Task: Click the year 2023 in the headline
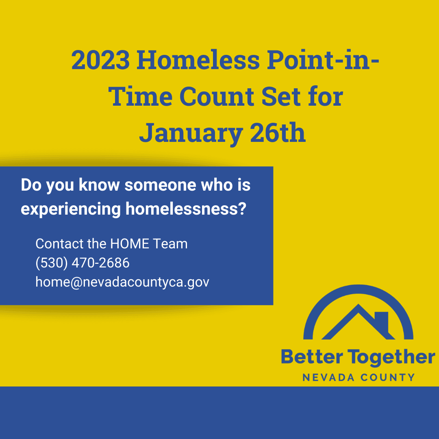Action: tap(101, 60)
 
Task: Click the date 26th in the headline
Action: tap(278, 134)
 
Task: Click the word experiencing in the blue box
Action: tap(71, 209)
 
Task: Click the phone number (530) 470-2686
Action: tap(83, 263)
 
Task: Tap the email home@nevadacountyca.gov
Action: tap(122, 282)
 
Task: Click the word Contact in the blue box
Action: tap(60, 244)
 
